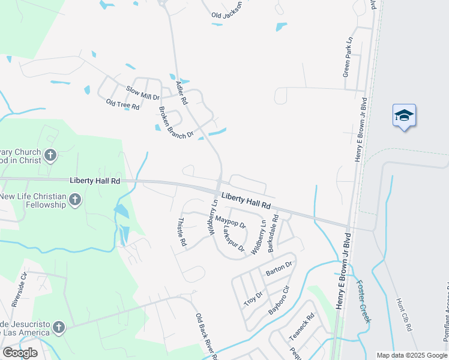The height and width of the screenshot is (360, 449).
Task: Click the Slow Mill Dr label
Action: click(142, 93)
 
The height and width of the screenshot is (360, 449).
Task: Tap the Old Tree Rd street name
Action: click(122, 104)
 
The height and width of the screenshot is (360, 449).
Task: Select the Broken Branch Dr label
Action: click(175, 122)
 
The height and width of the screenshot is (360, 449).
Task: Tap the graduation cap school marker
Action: click(404, 115)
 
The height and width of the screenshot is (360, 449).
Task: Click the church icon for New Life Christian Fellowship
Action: click(75, 200)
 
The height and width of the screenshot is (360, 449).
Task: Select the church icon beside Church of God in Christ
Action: click(50, 156)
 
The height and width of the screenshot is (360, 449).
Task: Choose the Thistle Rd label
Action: click(182, 232)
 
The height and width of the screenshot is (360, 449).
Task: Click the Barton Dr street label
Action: click(279, 268)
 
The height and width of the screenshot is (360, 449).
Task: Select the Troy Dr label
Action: click(253, 299)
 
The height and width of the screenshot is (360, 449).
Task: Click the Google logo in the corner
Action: click(20, 353)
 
